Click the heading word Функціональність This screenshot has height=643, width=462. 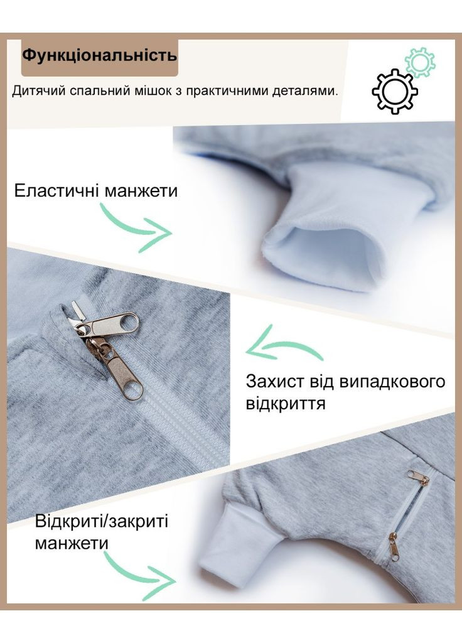(x=99, y=55)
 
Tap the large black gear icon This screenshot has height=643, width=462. (x=395, y=92)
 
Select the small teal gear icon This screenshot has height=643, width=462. (x=420, y=63)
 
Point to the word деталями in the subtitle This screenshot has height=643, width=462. (x=310, y=91)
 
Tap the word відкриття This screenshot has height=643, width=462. (x=286, y=403)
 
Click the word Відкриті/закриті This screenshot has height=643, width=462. (x=102, y=521)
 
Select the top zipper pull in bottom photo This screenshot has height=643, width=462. (x=418, y=478)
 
